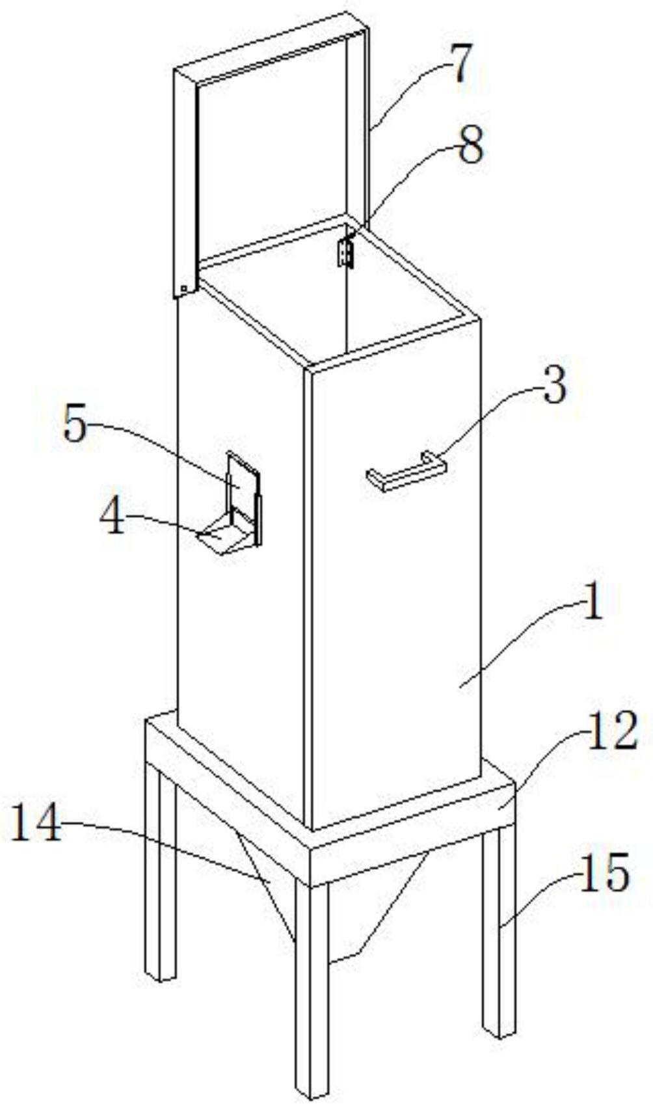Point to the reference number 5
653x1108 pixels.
click(x=75, y=427)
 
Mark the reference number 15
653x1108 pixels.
click(x=604, y=872)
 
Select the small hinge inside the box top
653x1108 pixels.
click(x=345, y=252)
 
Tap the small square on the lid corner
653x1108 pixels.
click(x=184, y=289)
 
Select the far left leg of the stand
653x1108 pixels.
click(x=159, y=872)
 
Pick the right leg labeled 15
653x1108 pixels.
click(x=499, y=930)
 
